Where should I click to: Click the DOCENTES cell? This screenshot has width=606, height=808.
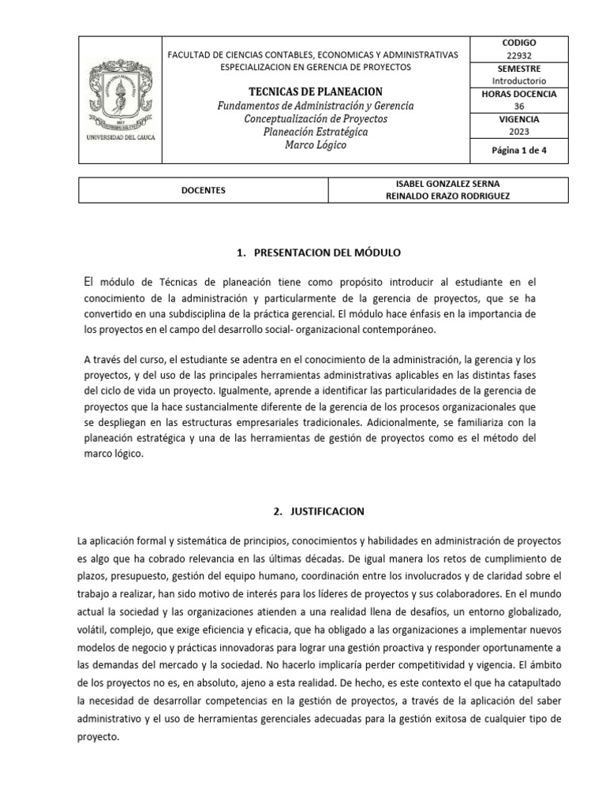(x=203, y=190)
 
